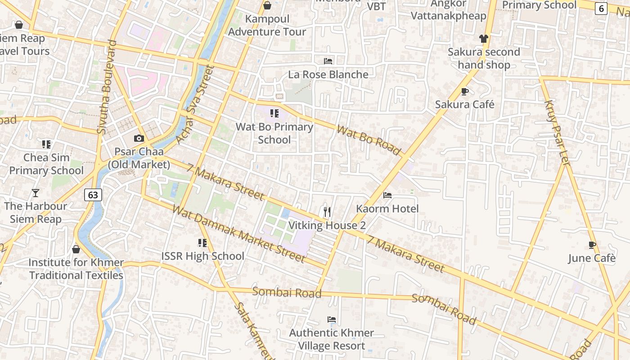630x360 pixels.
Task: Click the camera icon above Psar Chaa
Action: point(139,138)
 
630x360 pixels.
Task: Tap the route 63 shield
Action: point(93,195)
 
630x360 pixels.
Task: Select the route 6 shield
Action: point(601,8)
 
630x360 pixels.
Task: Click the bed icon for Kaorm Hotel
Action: point(387,195)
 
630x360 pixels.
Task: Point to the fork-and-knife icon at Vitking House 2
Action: point(327,211)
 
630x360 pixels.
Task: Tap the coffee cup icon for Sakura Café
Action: point(465,91)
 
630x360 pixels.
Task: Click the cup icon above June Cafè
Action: point(592,245)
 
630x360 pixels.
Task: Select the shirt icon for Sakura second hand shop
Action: point(484,39)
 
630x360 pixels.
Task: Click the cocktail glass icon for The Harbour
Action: point(36,193)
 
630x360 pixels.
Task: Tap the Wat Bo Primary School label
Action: point(274,133)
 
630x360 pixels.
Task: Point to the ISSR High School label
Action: point(203,256)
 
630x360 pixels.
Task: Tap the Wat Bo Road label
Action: point(369,141)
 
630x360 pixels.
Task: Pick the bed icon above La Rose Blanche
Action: point(328,61)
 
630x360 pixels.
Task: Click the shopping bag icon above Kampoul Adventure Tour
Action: point(267,5)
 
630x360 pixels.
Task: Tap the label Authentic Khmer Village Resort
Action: point(332,339)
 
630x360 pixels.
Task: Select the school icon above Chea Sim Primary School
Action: point(46,144)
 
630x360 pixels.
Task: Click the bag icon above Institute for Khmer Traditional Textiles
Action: point(76,249)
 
